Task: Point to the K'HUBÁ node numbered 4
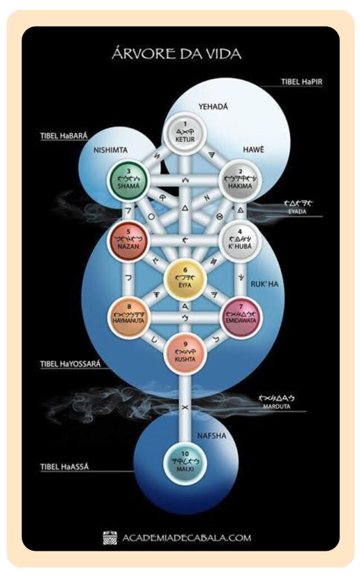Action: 240,243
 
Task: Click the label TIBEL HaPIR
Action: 304,82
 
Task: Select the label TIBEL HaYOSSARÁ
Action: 70,363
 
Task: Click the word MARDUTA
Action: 277,407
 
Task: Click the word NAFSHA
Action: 211,435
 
